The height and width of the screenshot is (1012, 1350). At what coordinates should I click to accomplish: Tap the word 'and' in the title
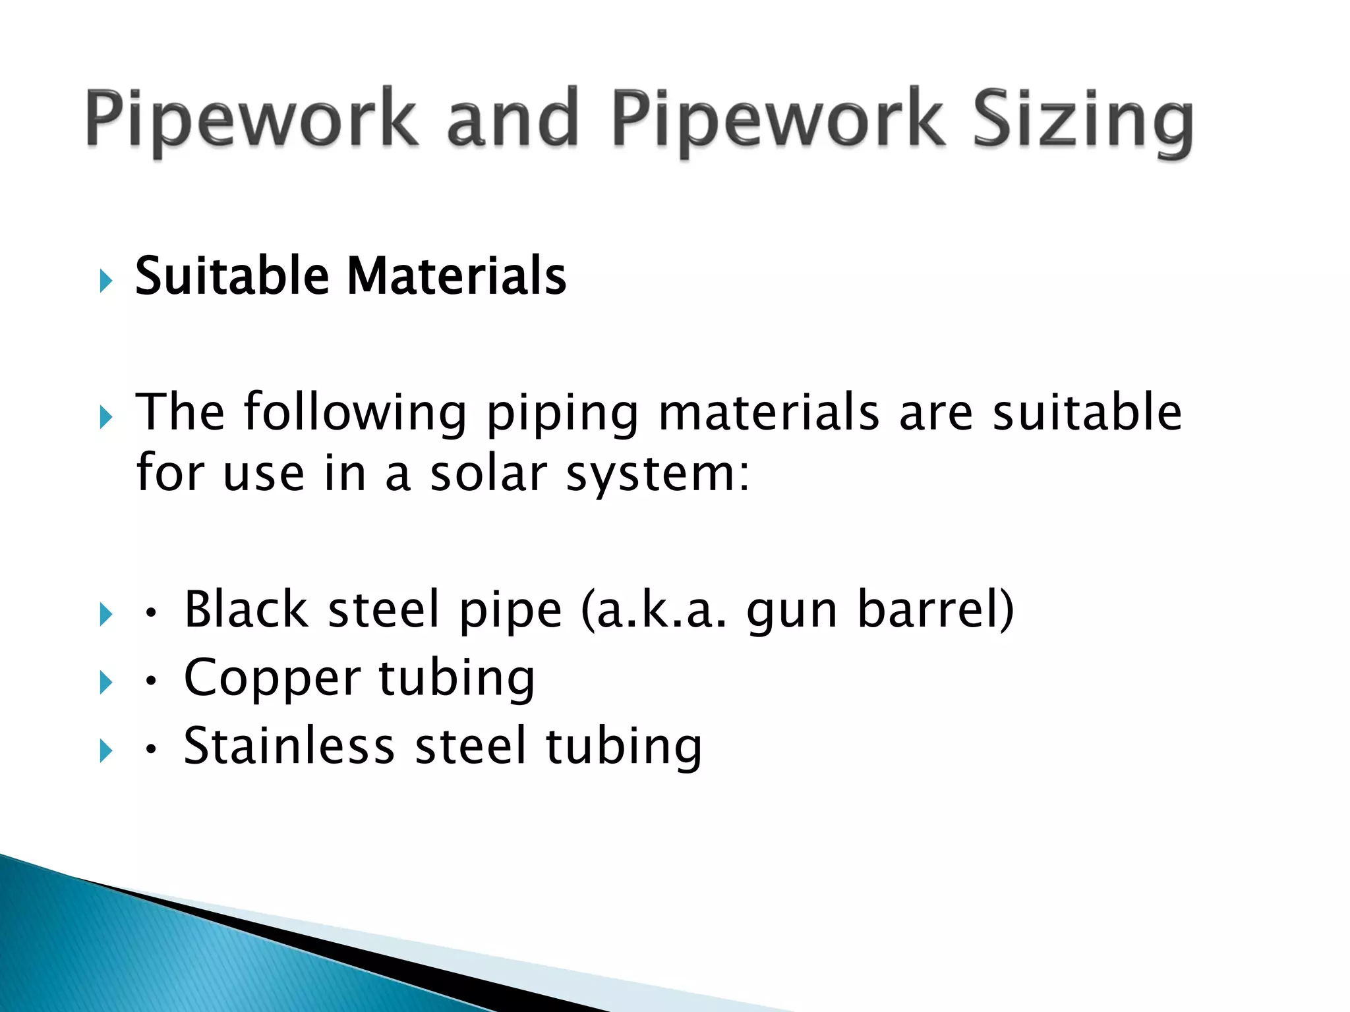coord(512,119)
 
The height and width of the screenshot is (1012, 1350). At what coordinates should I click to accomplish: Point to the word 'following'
coord(355,412)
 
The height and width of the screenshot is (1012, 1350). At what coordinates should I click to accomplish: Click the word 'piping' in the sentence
coord(562,414)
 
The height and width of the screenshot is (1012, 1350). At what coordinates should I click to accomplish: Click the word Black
coord(246,609)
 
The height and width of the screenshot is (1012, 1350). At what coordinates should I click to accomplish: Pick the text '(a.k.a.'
coord(654,611)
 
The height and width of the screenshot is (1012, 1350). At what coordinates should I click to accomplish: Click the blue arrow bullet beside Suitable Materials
coord(106,281)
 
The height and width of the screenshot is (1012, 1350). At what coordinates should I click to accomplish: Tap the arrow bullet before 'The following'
coord(106,417)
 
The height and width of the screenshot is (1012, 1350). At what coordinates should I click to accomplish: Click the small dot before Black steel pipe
coord(151,614)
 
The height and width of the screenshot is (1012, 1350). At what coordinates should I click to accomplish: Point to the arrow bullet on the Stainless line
coord(106,750)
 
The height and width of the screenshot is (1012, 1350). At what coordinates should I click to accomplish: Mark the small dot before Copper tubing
coord(151,682)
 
